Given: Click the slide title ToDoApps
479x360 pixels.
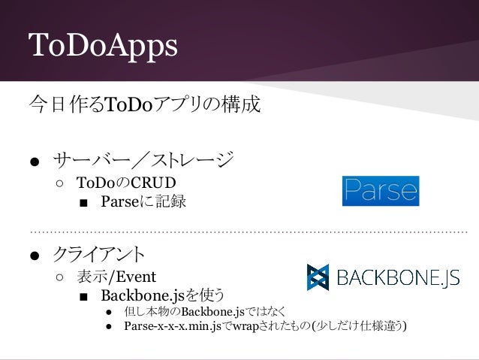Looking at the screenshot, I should click(102, 46).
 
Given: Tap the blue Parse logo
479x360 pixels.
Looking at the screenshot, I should click(380, 191).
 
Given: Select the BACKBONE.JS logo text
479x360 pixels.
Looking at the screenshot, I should click(397, 278).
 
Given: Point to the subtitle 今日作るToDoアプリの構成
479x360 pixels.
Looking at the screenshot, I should click(143, 104).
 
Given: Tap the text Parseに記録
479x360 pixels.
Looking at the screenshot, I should click(143, 202).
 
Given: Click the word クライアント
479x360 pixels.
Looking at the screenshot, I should click(98, 253).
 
